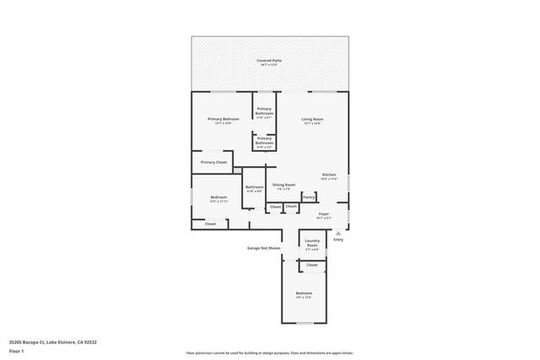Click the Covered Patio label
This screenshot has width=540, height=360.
tap(270, 61)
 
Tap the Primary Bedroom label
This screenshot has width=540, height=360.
tap(224, 120)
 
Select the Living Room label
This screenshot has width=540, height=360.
tap(313, 120)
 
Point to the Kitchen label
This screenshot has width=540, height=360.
tap(329, 175)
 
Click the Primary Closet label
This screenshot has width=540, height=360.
tap(213, 162)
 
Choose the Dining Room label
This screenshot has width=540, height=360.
tap(283, 185)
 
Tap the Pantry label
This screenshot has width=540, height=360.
tap(309, 197)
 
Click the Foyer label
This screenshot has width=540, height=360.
tap(324, 214)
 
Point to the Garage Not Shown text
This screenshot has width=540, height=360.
tap(263, 249)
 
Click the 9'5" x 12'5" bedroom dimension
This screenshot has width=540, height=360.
tap(304, 298)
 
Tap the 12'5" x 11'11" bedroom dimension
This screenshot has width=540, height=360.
tap(219, 201)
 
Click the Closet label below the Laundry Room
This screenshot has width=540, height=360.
tap(312, 265)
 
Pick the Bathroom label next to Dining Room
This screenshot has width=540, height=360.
tap(254, 187)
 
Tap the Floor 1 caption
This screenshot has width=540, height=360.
tap(16, 351)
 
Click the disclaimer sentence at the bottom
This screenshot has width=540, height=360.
tap(270, 352)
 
